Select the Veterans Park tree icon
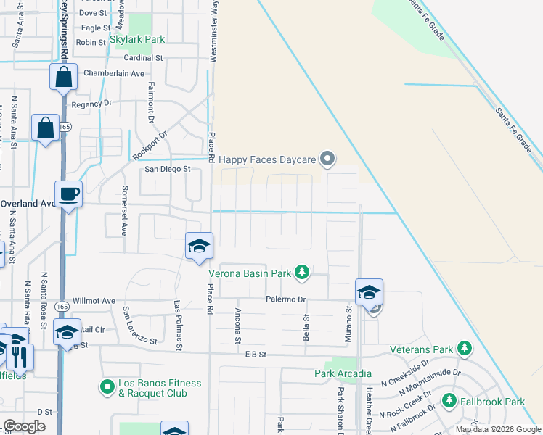point(462,350)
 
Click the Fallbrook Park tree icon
point(449,401)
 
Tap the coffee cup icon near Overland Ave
point(68,194)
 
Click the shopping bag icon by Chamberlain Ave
point(64,78)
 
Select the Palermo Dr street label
point(286,299)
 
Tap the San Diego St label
point(167,169)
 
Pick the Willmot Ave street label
point(94,300)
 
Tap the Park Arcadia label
point(338,374)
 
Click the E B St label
point(256,354)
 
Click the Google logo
point(25,426)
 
